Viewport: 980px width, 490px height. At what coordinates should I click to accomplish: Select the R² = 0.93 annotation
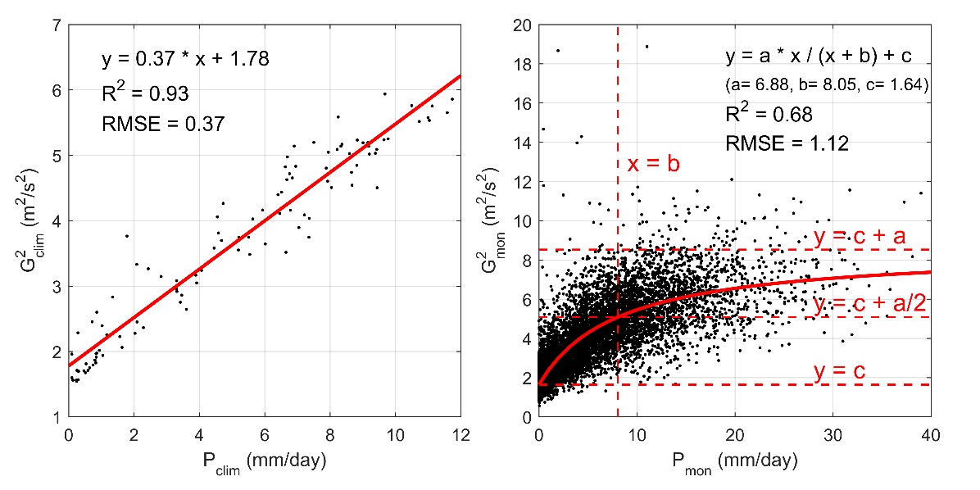[145, 93]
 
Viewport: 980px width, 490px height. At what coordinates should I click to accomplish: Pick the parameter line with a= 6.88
[826, 84]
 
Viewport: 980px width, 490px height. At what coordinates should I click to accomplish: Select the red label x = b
[654, 163]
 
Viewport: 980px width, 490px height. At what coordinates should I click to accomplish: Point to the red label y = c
[840, 372]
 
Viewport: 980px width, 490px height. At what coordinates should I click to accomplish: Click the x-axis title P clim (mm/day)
[265, 462]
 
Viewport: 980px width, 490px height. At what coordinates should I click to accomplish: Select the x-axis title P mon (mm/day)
[735, 462]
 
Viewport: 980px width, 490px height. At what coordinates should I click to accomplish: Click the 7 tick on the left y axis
[58, 25]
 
